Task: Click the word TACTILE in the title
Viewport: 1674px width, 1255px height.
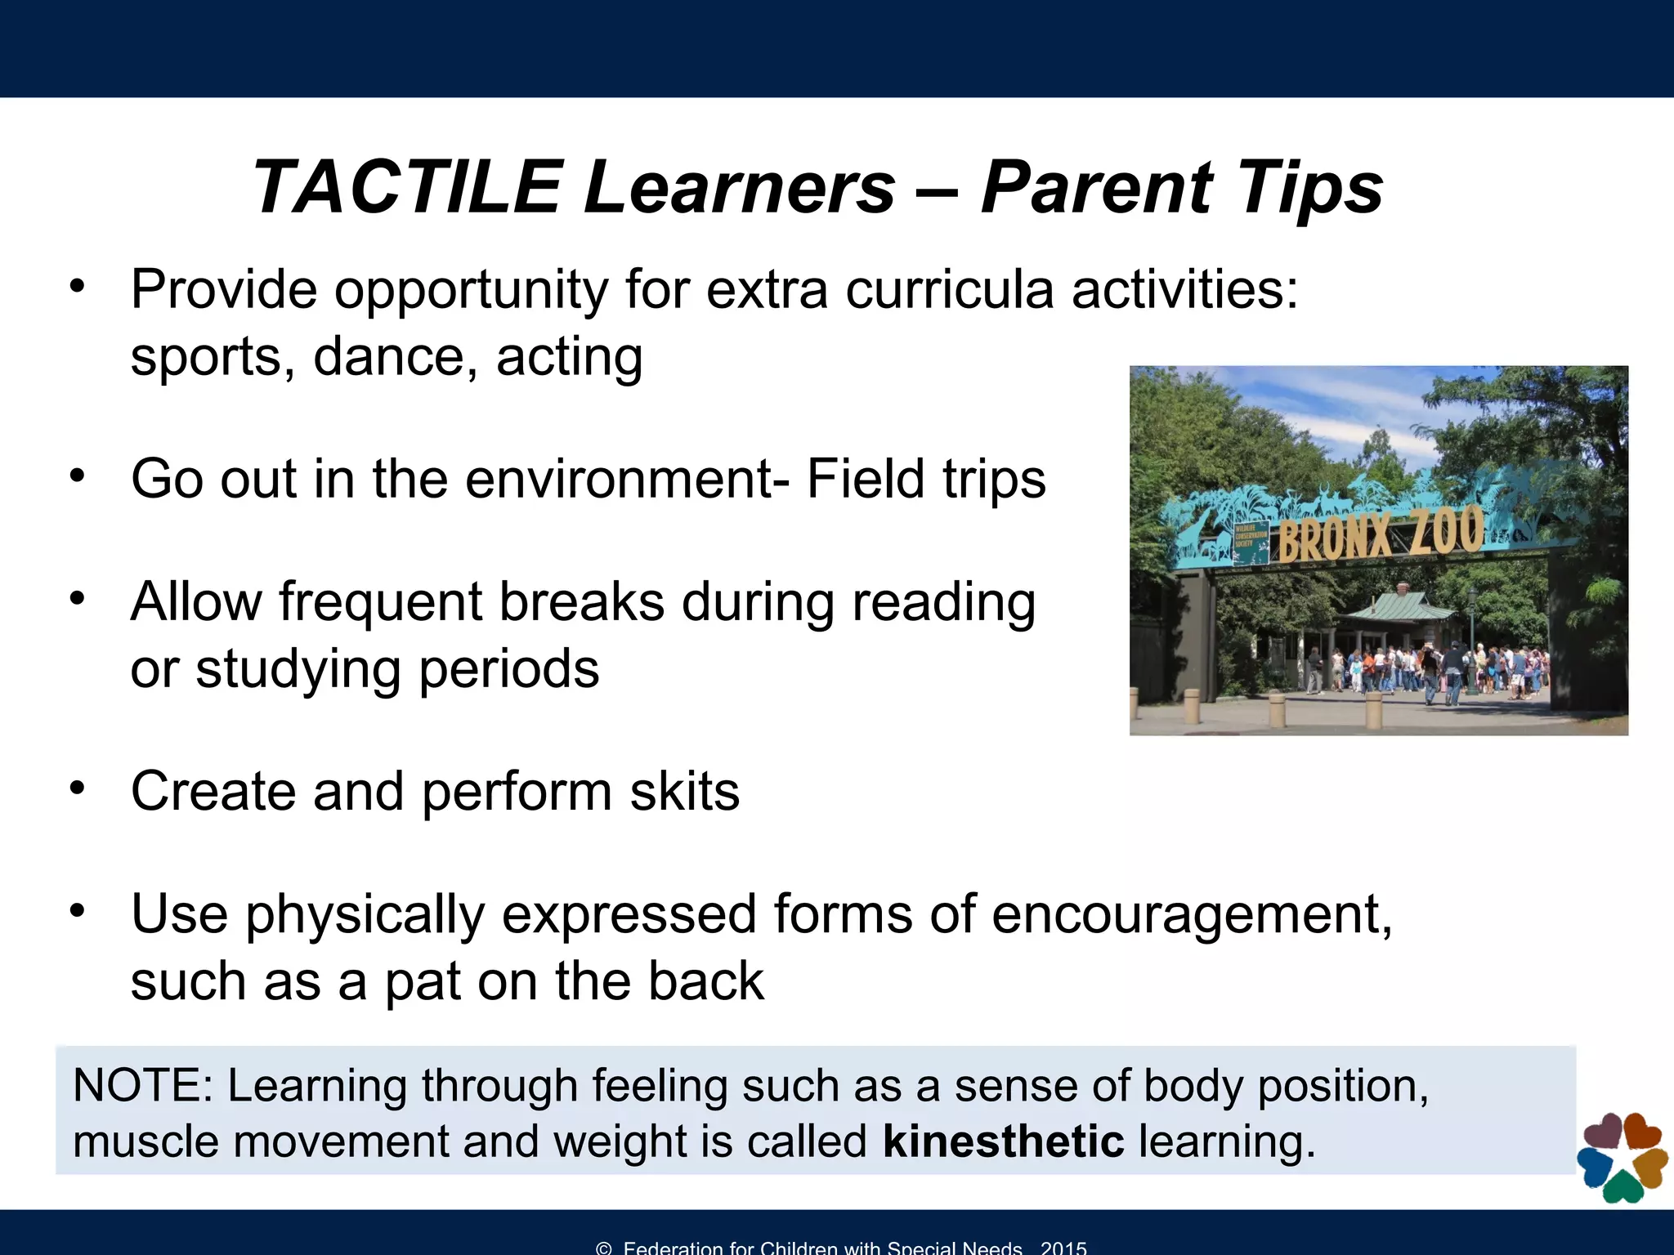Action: click(407, 188)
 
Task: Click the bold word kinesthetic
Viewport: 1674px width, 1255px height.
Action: click(1003, 1141)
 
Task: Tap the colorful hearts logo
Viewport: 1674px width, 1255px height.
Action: click(1622, 1156)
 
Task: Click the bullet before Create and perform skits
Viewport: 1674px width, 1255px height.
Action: click(78, 788)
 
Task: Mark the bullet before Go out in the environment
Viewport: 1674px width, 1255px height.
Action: click(78, 475)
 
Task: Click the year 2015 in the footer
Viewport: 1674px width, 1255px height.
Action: click(1063, 1247)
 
